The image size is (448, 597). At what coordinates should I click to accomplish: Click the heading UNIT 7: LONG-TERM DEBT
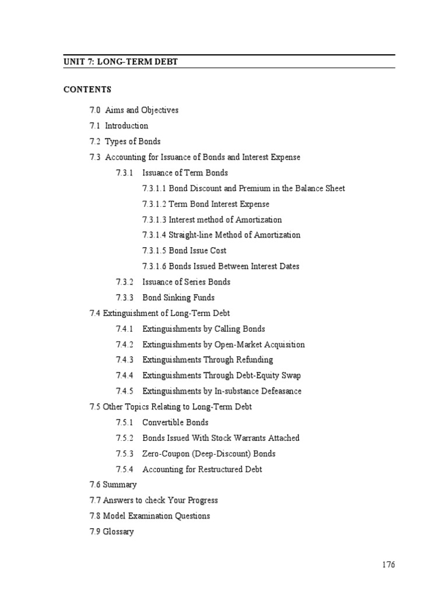pyautogui.click(x=121, y=61)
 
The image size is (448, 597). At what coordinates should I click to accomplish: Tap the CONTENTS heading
pyautogui.click(x=87, y=90)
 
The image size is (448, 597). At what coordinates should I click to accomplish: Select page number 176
pyautogui.click(x=388, y=565)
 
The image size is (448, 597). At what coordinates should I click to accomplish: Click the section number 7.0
pyautogui.click(x=95, y=110)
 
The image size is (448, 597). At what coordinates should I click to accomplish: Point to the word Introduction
pyautogui.click(x=127, y=126)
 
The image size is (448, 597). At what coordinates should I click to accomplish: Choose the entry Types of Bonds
pyautogui.click(x=132, y=142)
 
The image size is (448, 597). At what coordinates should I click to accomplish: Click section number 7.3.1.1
pyautogui.click(x=154, y=188)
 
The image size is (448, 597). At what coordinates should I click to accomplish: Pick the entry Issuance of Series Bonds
pyautogui.click(x=186, y=282)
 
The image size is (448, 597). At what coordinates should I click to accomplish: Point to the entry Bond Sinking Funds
pyautogui.click(x=178, y=298)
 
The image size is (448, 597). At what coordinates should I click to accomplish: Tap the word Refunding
pyautogui.click(x=254, y=360)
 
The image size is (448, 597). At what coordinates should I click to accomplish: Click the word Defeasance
pyautogui.click(x=278, y=391)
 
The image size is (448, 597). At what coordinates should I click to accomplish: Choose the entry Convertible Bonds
pyautogui.click(x=175, y=423)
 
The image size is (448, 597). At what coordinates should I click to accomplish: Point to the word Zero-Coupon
pyautogui.click(x=167, y=454)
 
